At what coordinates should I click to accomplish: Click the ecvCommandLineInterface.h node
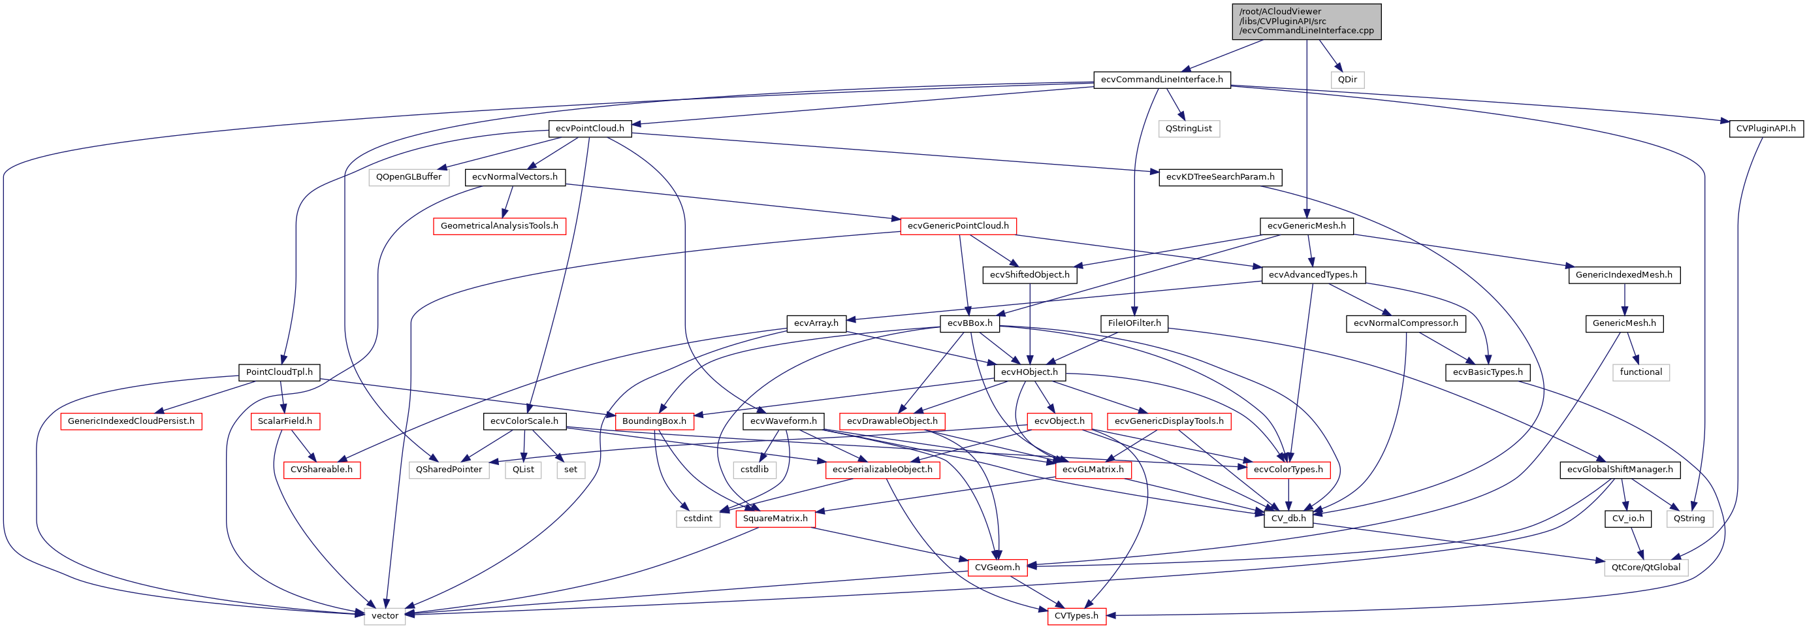pos(1161,80)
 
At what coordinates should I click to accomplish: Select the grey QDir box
pos(1347,80)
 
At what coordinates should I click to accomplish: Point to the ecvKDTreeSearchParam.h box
pos(1220,178)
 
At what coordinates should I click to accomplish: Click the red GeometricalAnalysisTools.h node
pos(500,226)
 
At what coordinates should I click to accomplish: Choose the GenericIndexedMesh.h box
pos(1623,275)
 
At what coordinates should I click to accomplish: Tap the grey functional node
pos(1640,372)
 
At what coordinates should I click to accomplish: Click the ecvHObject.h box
pos(1029,372)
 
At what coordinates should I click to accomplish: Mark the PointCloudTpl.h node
pos(280,372)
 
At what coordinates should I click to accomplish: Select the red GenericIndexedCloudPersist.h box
pos(131,421)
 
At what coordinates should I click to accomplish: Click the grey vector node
pos(385,616)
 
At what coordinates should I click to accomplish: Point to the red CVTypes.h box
pos(1076,616)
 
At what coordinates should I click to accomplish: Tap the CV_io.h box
pos(1627,519)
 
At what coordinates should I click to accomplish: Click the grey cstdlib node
pos(754,470)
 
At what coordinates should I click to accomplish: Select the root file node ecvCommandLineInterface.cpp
pos(1306,22)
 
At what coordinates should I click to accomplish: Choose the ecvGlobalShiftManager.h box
pos(1619,470)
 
